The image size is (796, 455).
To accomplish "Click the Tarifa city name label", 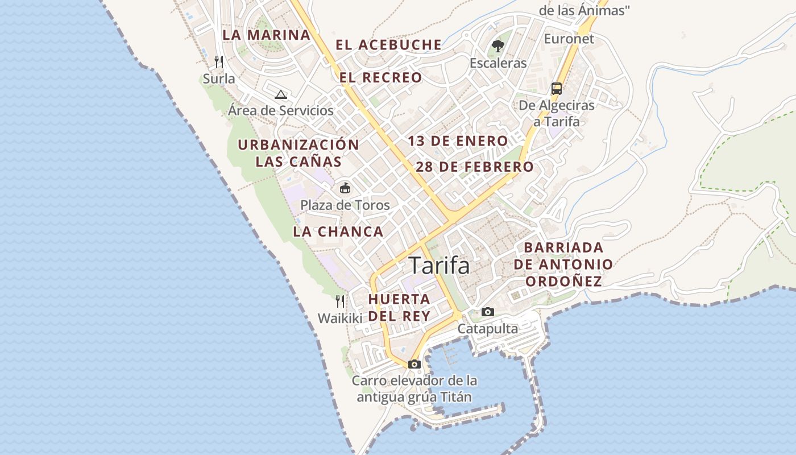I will [439, 266].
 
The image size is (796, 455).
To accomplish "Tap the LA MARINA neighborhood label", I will [266, 35].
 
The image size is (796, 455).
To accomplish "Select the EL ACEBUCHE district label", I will [388, 44].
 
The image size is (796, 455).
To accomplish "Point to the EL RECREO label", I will [381, 77].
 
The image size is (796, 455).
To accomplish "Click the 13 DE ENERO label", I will [458, 141].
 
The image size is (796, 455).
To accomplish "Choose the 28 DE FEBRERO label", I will [475, 167].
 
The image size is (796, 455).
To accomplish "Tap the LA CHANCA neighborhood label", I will [338, 231].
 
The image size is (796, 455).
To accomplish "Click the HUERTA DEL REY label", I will [399, 307].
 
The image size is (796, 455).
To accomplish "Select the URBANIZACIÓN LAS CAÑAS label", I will [298, 153].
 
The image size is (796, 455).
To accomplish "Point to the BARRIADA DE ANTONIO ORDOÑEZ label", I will [563, 264].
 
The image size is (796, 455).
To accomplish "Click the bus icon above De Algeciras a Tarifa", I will [557, 89].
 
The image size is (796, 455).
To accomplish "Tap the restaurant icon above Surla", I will [219, 61].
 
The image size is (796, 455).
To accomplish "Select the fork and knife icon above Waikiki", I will [340, 301].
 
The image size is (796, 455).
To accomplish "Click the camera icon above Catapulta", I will [488, 312].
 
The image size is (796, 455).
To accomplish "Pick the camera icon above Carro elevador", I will [414, 364].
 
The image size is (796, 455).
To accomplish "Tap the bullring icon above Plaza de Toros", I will [345, 188].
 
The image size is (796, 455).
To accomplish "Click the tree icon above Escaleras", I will [499, 45].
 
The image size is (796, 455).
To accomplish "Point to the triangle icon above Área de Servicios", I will [280, 94].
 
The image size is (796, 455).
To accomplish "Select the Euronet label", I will [569, 39].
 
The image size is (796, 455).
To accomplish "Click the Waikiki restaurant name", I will [340, 318].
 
